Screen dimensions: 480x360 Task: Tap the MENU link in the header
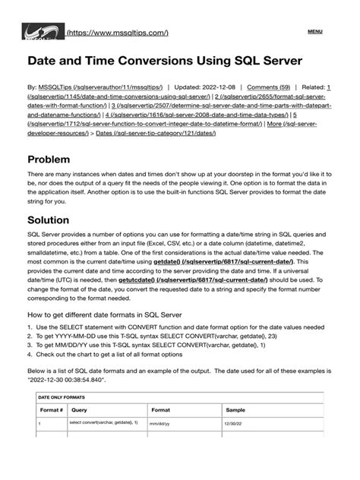314,32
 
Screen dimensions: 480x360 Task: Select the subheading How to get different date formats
113,335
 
